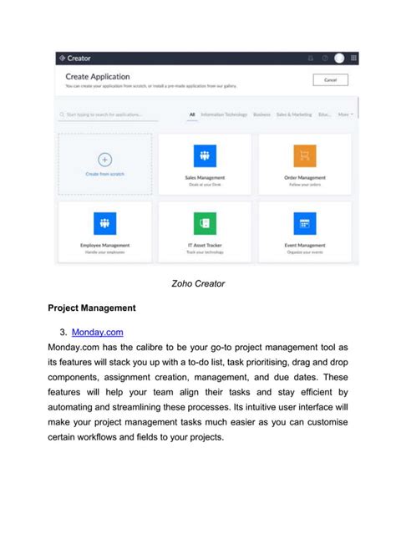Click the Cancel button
(330, 80)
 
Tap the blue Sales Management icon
(205, 156)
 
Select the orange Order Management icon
(305, 156)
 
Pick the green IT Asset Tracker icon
(205, 223)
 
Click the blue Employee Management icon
(105, 223)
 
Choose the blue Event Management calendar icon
(305, 223)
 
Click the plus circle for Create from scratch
(104, 159)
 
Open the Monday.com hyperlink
(98, 332)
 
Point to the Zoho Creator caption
(198, 283)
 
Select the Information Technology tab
(224, 115)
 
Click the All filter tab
(192, 115)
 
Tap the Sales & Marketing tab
(292, 115)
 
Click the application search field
(109, 115)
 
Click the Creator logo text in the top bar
(79, 58)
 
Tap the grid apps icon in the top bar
(354, 58)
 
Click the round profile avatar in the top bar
(339, 58)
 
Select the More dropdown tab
(345, 115)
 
